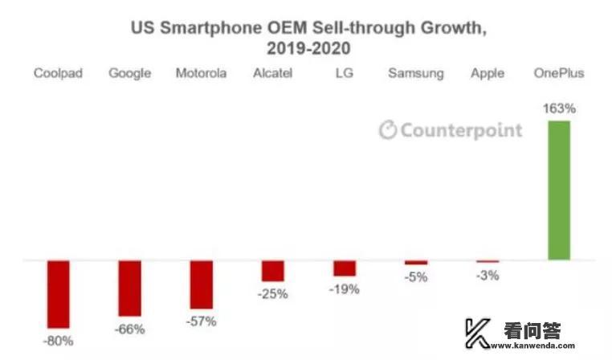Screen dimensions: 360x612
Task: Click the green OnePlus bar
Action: pos(559,190)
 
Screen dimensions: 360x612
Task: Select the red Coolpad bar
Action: pos(59,292)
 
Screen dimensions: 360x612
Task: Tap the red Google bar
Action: pos(130,288)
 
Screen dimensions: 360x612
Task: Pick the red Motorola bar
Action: pos(202,284)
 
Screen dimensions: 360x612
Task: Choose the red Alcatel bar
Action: pos(273,271)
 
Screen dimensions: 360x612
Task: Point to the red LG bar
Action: pos(345,268)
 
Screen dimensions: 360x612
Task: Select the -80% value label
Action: pos(59,341)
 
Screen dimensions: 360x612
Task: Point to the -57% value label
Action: pos(202,321)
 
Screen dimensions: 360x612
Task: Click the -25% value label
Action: pos(273,293)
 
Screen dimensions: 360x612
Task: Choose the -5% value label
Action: pos(416,277)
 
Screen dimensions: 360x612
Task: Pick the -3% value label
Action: pos(487,275)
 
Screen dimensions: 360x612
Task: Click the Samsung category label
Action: pos(416,73)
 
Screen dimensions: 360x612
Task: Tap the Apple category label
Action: pos(488,73)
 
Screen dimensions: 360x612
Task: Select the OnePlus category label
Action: pos(559,73)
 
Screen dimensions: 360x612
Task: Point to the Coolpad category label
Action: pos(59,73)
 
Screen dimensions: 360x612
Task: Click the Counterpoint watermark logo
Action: pos(451,130)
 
